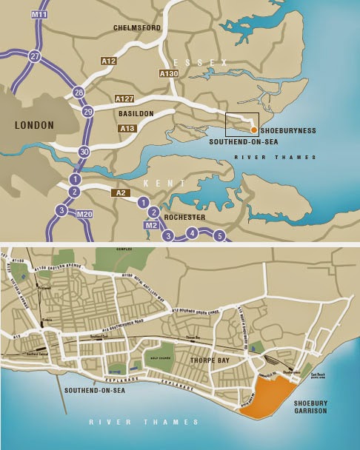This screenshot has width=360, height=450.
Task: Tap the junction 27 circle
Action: [x=34, y=56]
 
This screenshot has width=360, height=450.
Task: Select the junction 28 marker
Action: [x=79, y=92]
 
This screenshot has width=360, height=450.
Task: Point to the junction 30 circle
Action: [x=84, y=151]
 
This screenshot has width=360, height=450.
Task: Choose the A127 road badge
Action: [x=124, y=98]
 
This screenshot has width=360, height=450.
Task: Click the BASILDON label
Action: [x=136, y=115]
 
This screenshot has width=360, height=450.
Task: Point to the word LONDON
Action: [x=35, y=125]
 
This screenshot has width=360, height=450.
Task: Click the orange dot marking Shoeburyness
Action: [x=253, y=130]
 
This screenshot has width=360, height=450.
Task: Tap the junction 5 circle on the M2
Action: [x=219, y=236]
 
